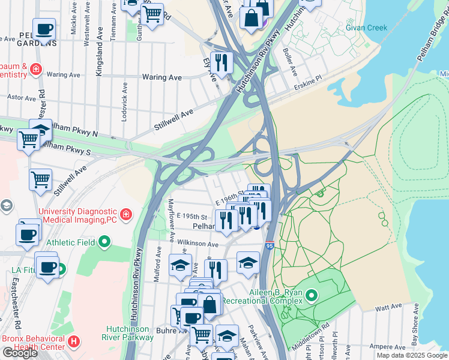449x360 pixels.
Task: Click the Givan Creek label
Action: [366, 28]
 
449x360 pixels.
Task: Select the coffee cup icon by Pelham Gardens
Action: [43, 28]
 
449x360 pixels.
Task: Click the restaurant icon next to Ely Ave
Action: [221, 62]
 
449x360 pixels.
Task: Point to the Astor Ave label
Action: [22, 96]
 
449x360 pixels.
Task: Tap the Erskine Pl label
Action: [309, 87]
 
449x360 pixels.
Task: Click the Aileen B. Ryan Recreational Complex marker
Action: [311, 296]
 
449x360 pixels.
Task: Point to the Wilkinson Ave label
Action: [197, 244]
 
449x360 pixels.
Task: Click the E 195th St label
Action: [191, 216]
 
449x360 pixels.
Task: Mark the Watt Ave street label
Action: [388, 307]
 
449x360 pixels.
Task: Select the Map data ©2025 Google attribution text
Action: [412, 355]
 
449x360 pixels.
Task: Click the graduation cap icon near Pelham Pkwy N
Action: [40, 128]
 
